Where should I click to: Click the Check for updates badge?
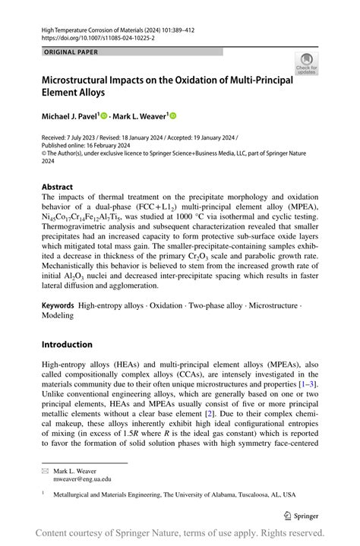click(306, 64)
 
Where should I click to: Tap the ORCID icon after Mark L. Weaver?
click(172, 115)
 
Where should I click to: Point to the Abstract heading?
click(58, 186)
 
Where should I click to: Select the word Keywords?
click(58, 305)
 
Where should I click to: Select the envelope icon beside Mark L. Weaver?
click(45, 471)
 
